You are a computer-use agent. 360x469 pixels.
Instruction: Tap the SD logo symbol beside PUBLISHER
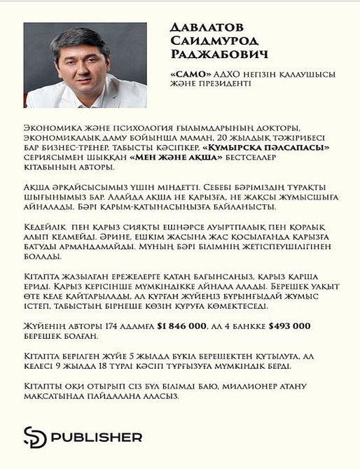pos(36,437)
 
